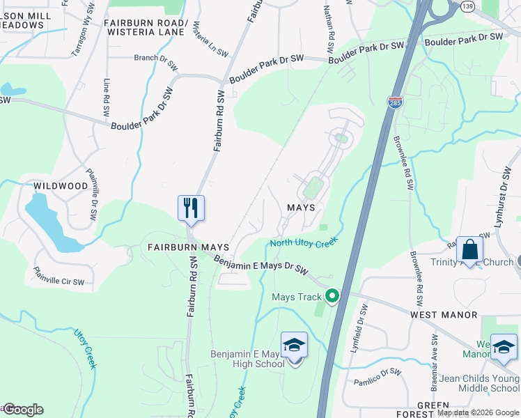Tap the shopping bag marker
[x=470, y=250]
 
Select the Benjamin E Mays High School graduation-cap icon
[x=294, y=346]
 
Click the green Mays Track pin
[x=332, y=296]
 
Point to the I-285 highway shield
[x=394, y=102]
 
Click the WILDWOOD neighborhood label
[x=61, y=186]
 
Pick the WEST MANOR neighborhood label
[x=444, y=315]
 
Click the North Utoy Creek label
[x=304, y=242]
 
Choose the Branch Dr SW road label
[x=155, y=58]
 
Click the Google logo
[x=23, y=410]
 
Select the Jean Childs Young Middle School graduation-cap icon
[x=503, y=346]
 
